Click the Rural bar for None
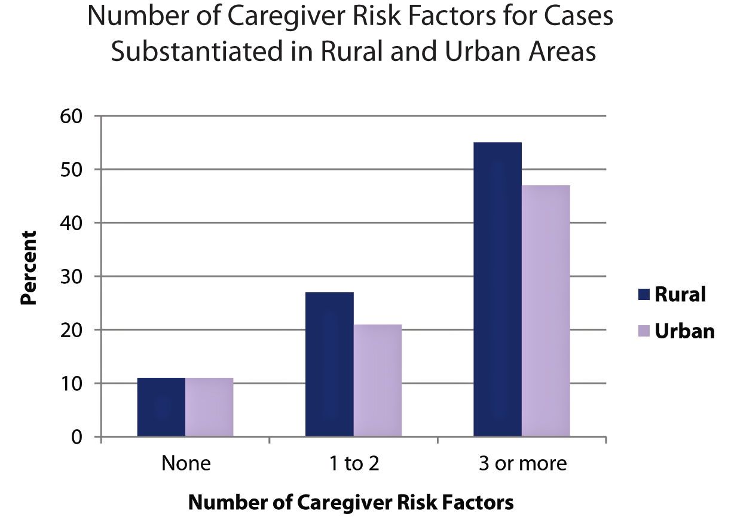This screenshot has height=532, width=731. (x=161, y=407)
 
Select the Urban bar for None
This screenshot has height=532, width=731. (x=209, y=407)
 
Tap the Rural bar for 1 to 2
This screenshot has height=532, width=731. (x=329, y=364)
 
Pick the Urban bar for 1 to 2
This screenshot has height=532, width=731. (x=377, y=380)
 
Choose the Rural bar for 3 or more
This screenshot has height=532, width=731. (x=497, y=289)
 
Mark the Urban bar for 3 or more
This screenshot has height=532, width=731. (x=545, y=311)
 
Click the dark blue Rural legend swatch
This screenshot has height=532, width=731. (x=643, y=294)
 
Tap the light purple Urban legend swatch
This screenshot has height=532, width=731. (x=643, y=331)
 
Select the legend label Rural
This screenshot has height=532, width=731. (x=680, y=294)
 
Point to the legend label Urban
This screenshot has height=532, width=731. (x=684, y=331)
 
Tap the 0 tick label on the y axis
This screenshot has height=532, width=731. (x=77, y=437)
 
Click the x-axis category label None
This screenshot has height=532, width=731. (x=186, y=463)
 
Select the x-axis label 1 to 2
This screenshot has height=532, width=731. (x=354, y=463)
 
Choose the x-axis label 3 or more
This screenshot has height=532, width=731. (x=522, y=463)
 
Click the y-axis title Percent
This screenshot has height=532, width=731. (x=28, y=268)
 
